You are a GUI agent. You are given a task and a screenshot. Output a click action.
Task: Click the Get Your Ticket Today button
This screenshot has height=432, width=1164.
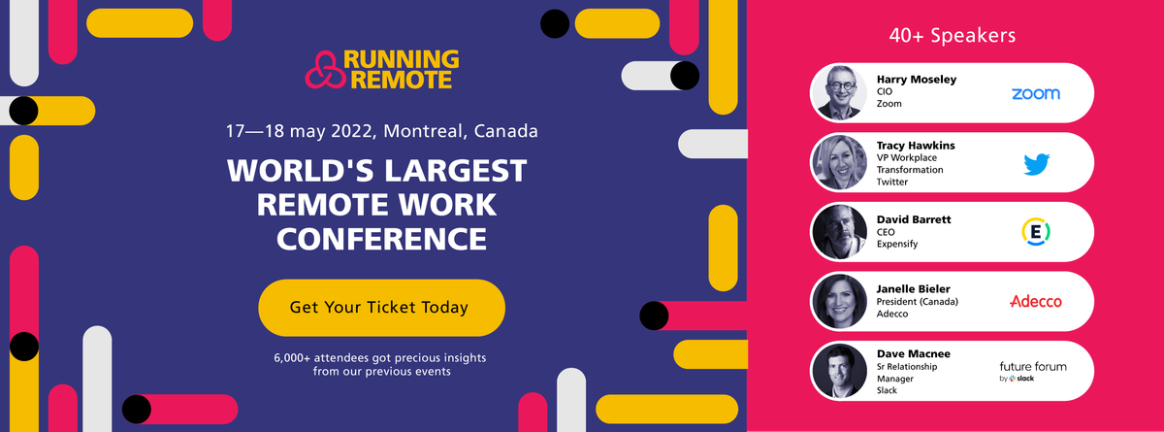point(381,308)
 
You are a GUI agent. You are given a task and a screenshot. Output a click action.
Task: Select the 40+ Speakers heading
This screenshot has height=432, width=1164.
point(953,36)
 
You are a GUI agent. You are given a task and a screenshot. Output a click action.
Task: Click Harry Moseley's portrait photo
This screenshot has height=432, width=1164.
point(839,92)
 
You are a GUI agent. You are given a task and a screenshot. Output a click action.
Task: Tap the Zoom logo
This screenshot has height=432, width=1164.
point(1035,93)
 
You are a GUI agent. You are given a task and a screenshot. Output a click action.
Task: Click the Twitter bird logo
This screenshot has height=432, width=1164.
point(1036,164)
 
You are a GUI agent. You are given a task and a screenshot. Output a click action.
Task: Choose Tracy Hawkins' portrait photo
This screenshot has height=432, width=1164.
point(839,162)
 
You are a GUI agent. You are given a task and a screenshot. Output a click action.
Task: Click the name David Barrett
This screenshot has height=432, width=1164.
point(914,219)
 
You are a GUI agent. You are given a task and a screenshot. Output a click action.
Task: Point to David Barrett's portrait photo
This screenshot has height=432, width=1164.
point(839,232)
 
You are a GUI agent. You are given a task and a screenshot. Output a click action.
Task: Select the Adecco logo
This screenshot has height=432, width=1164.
point(1035,301)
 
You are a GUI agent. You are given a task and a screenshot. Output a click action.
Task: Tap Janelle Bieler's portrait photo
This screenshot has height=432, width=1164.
point(839,302)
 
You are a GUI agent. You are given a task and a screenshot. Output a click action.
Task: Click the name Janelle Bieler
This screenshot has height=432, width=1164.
point(915,288)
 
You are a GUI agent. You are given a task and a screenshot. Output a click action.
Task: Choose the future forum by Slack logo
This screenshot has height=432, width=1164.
point(1032,371)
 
